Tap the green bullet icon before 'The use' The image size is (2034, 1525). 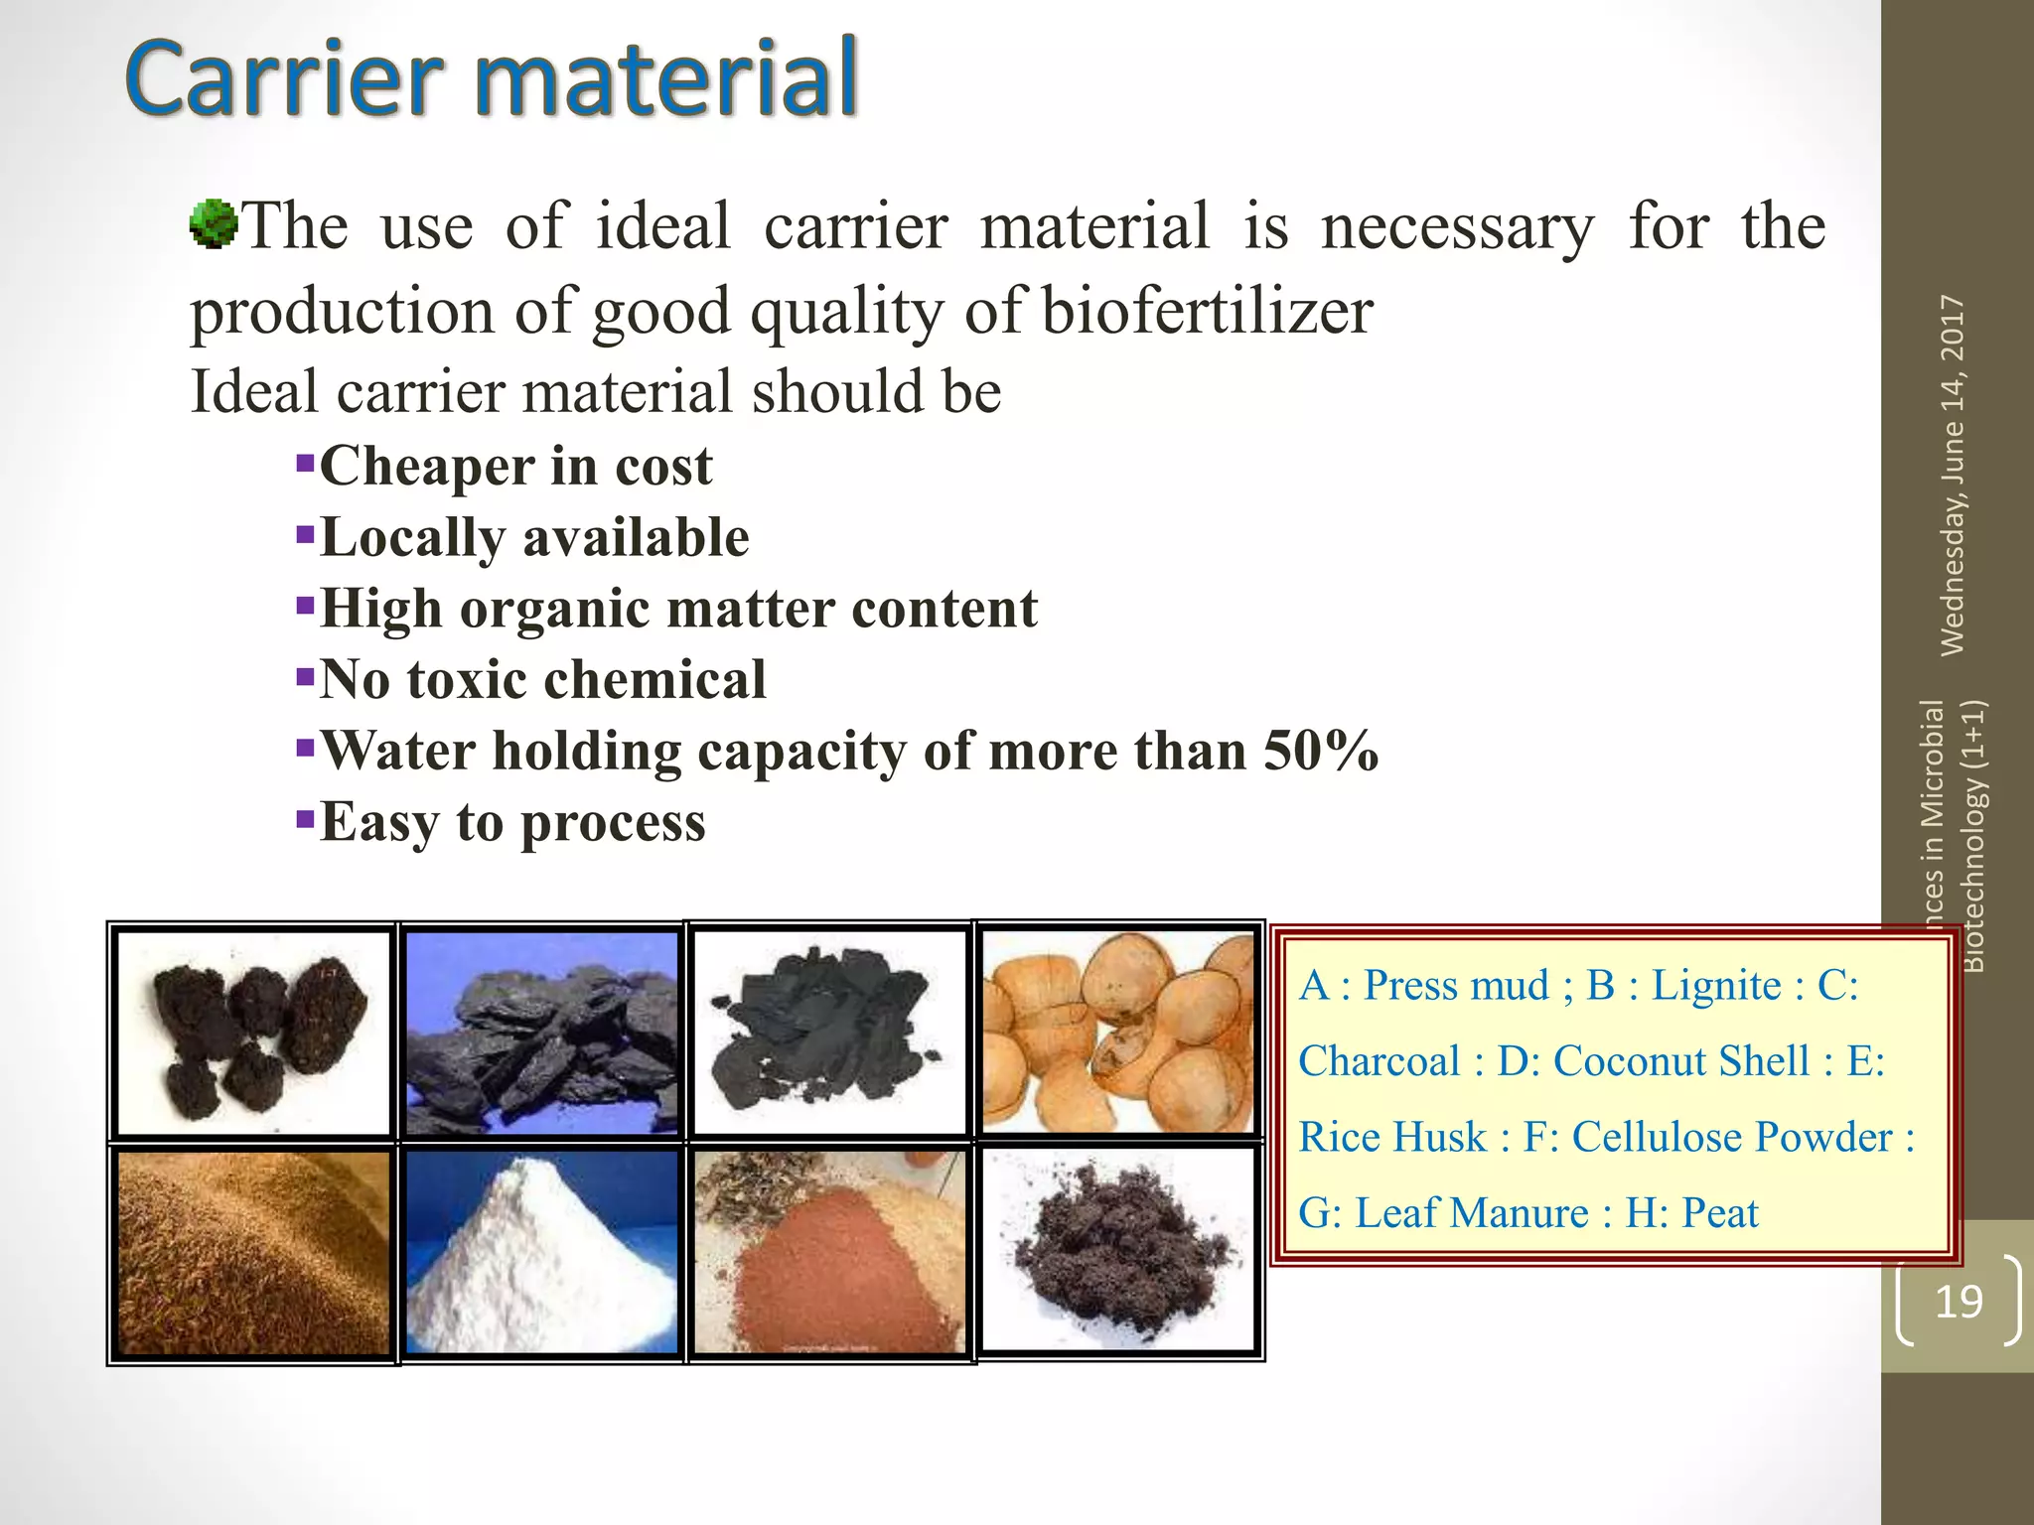point(213,223)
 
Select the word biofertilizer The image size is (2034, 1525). point(1207,311)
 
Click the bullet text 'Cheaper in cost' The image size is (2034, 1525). point(515,466)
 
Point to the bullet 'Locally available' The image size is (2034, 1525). point(534,537)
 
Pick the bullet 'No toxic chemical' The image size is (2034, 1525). point(542,680)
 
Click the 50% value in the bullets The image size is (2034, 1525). point(1321,751)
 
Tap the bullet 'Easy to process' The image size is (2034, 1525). point(512,822)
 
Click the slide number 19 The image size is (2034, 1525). point(1959,1301)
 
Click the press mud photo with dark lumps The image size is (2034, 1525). point(254,1033)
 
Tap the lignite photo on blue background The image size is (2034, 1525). point(542,1033)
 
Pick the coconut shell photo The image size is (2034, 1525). point(1118,1033)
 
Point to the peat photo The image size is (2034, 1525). point(1118,1251)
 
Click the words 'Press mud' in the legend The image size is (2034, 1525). point(1456,985)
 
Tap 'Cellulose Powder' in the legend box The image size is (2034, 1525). point(1732,1137)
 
